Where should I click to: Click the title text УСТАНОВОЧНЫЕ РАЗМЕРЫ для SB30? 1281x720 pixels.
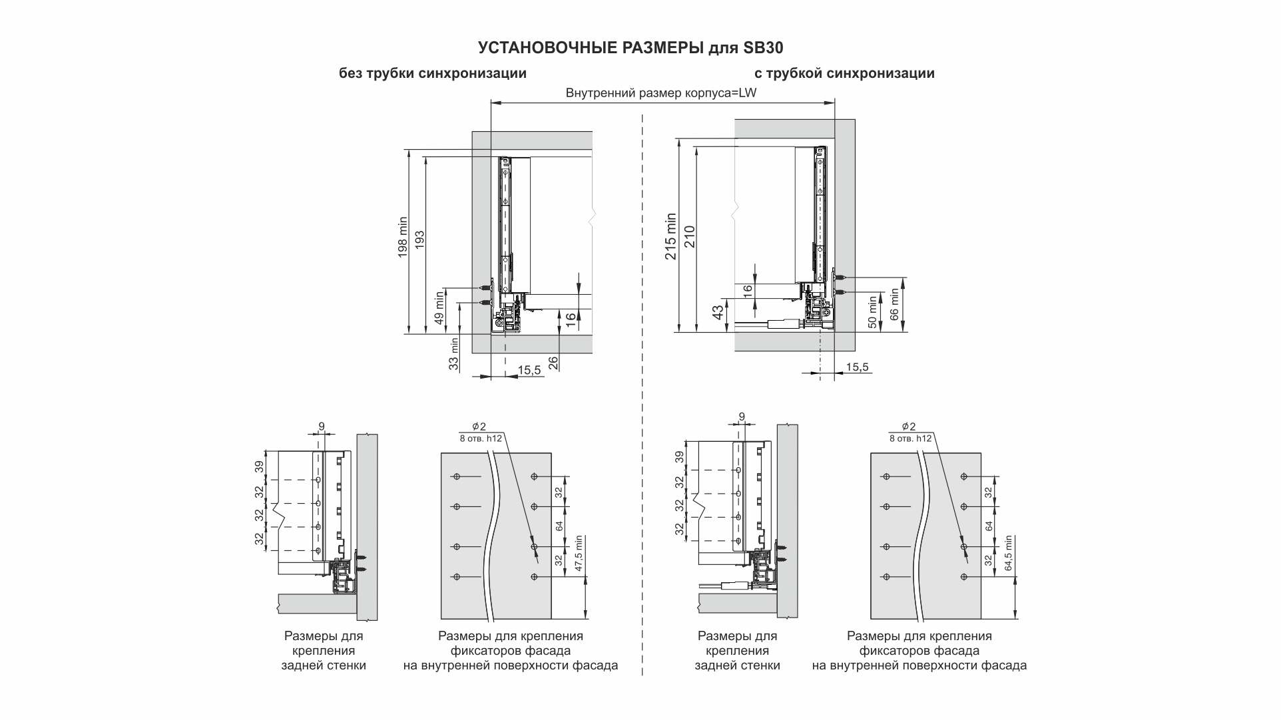pyautogui.click(x=631, y=48)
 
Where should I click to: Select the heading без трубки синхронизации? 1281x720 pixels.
pyautogui.click(x=433, y=73)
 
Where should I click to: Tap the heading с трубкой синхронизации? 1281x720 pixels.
pyautogui.click(x=844, y=73)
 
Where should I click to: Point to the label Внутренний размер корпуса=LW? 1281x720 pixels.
pyautogui.click(x=660, y=93)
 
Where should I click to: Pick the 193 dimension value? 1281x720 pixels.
pyautogui.click(x=419, y=240)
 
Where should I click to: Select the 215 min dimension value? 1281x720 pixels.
pyautogui.click(x=670, y=236)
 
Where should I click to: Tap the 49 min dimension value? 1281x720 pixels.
pyautogui.click(x=439, y=307)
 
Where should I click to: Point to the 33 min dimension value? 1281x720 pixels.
pyautogui.click(x=454, y=355)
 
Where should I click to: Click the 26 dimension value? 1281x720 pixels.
pyautogui.click(x=553, y=362)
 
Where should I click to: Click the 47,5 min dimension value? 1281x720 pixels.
pyautogui.click(x=579, y=554)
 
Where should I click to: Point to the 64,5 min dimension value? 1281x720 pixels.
pyautogui.click(x=1009, y=554)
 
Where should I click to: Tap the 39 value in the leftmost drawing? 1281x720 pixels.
pyautogui.click(x=259, y=466)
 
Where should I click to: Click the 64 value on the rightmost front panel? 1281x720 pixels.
pyautogui.click(x=989, y=526)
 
